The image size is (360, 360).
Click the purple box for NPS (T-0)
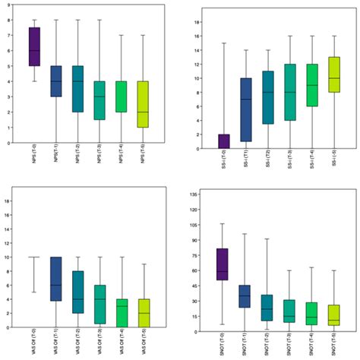pos(34,46)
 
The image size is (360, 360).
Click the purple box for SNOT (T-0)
pos(223,264)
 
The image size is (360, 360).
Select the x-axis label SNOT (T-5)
pos(333,344)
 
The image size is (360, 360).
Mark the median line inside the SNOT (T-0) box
pos(223,271)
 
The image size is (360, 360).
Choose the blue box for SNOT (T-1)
pos(245,295)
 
